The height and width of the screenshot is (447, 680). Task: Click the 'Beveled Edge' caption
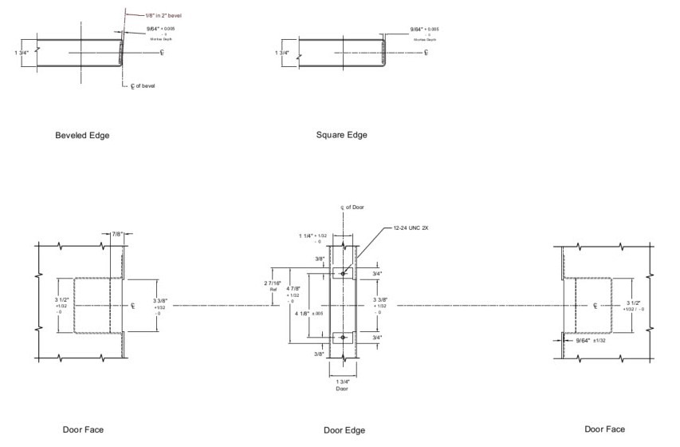[x=82, y=135]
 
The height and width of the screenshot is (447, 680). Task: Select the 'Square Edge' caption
[x=341, y=135]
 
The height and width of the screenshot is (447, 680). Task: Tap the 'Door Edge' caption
[x=344, y=430]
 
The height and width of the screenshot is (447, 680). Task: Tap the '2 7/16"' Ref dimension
[x=273, y=284]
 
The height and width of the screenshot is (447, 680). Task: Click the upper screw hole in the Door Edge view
[x=343, y=273]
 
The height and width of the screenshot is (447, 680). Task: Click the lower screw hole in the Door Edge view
[x=343, y=338]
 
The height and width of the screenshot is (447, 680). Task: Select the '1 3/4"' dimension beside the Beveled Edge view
[x=23, y=53]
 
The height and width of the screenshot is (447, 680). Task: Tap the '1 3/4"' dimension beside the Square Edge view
[x=283, y=53]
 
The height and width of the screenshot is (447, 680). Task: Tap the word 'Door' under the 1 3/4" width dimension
[x=341, y=390]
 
